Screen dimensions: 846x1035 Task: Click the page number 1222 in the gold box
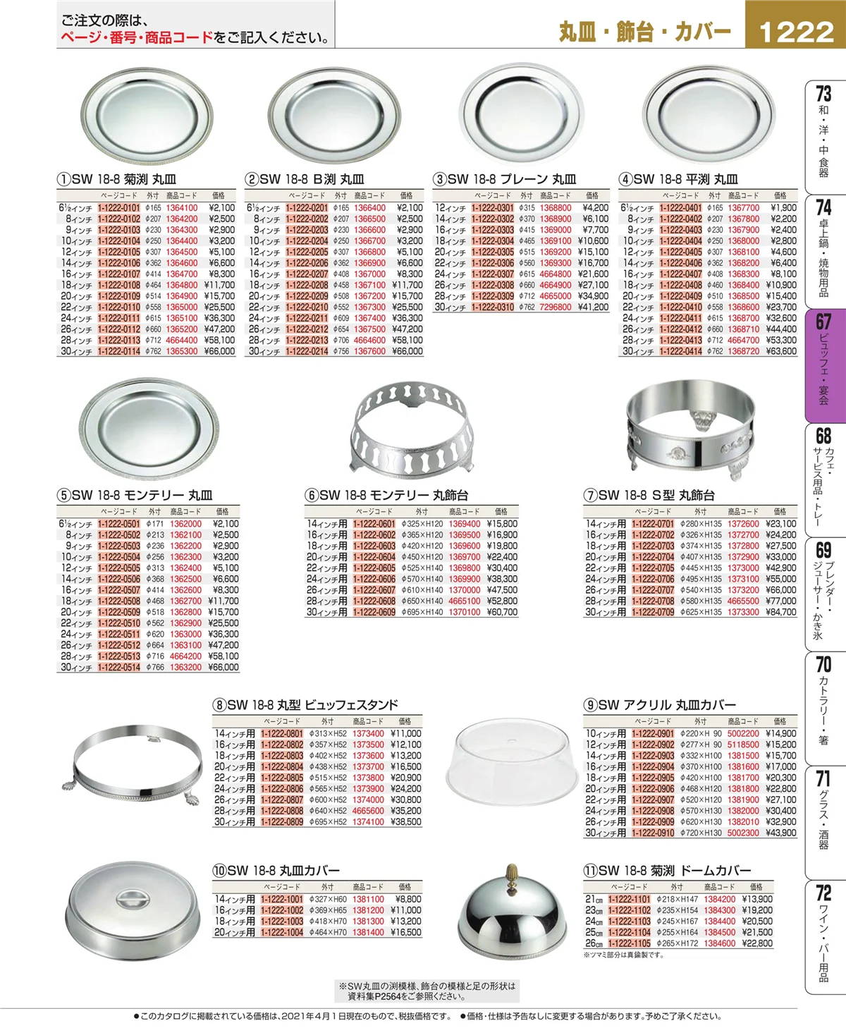pos(797,32)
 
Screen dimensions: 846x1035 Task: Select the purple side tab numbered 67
pos(826,366)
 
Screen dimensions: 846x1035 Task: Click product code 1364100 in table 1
pos(182,208)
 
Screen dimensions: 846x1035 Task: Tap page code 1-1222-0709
pos(652,612)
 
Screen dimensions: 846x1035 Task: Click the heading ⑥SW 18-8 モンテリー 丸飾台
pos(386,495)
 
